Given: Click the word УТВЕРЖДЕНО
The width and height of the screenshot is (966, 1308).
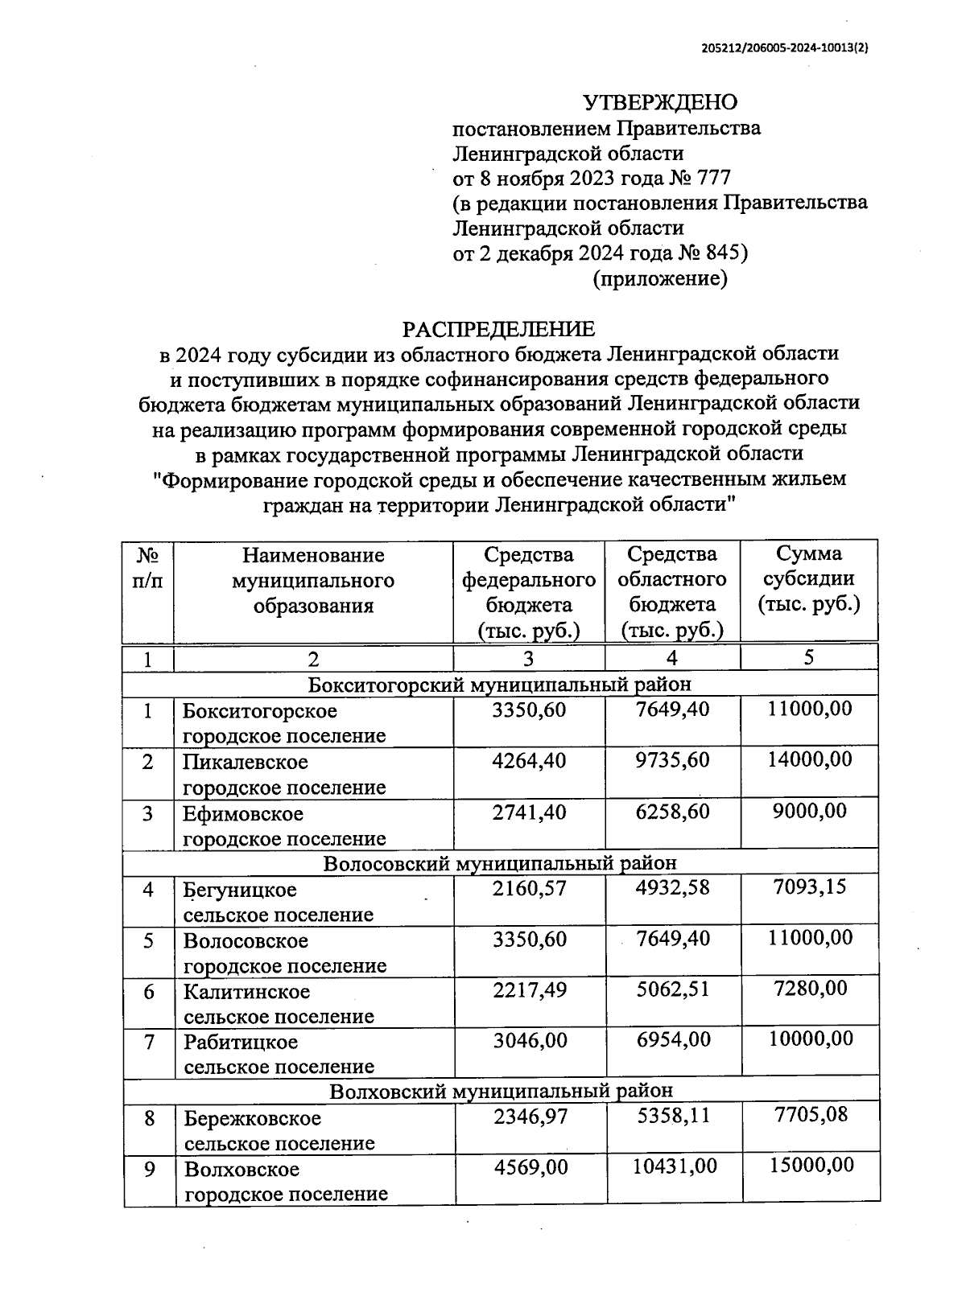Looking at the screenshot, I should click(x=659, y=102).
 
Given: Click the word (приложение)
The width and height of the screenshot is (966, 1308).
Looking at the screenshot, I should click(x=660, y=278).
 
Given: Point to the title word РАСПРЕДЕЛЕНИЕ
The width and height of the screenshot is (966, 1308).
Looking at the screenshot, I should click(x=498, y=328).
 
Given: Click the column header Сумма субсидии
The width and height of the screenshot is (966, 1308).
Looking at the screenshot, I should click(x=808, y=578).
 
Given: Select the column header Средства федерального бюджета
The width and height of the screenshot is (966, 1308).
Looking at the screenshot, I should click(x=529, y=591).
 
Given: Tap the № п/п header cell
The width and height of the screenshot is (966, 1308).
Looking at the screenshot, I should click(x=147, y=567).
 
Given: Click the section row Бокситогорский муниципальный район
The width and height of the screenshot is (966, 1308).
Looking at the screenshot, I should click(x=499, y=684).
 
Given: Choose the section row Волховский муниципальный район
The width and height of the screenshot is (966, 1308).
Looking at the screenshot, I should click(x=501, y=1091).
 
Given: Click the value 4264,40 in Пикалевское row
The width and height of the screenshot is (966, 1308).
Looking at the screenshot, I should click(x=529, y=760).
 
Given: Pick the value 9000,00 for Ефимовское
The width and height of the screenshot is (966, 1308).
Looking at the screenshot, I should click(x=809, y=811).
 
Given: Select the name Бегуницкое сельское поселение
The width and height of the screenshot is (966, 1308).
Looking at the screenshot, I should click(x=278, y=902).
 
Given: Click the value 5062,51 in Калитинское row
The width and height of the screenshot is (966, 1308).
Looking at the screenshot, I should click(x=673, y=989).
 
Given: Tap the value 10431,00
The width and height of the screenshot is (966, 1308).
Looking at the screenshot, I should click(x=674, y=1166).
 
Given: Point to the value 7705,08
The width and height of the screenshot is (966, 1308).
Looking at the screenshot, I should click(x=810, y=1116).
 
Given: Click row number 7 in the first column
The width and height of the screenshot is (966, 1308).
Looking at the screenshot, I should click(x=149, y=1042).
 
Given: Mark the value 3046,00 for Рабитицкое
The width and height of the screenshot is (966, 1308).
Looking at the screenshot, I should click(x=530, y=1040).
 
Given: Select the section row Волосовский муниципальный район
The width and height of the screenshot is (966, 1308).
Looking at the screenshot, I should click(x=499, y=862).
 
